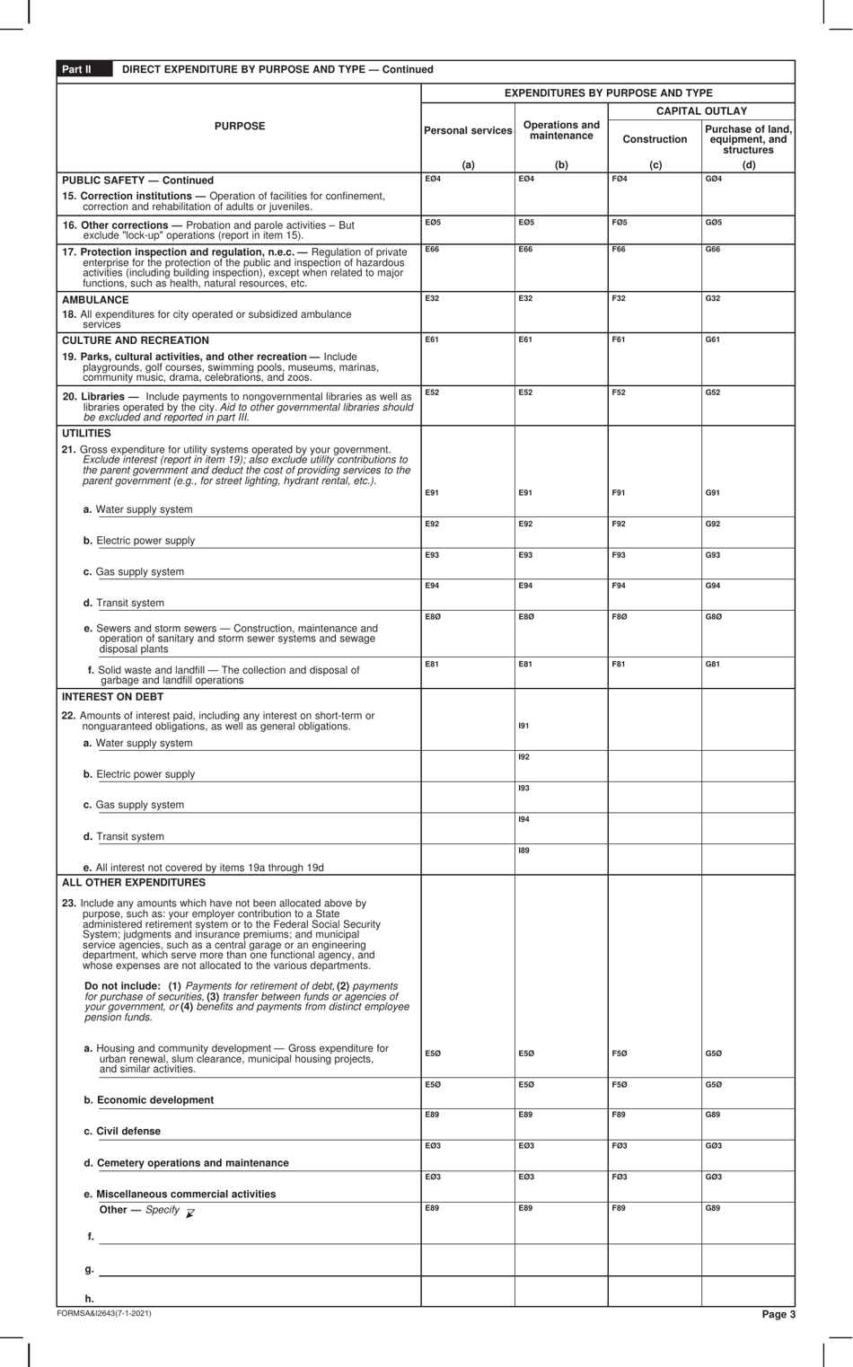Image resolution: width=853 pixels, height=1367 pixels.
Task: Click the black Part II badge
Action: coord(76,69)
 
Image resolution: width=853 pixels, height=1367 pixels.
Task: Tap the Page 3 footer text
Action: coord(778,1314)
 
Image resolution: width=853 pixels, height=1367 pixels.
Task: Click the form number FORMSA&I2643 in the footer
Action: coord(103,1313)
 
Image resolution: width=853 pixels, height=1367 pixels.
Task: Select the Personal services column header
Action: coord(467,131)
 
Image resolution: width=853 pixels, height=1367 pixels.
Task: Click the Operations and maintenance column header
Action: coord(561,130)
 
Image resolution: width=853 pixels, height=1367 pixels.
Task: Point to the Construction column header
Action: coord(655,139)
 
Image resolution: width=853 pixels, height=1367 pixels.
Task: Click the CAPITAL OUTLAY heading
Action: coord(701,111)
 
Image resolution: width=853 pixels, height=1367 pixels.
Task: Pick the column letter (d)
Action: coord(748,164)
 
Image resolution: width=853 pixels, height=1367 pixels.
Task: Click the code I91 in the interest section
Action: coord(523,726)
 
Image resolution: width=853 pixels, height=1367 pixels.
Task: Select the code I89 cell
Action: coord(523,850)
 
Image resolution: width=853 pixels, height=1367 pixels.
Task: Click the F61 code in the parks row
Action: coord(618,340)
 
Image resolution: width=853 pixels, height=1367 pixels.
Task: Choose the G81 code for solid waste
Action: coord(712,664)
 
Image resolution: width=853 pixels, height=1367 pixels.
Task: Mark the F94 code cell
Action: coord(619,586)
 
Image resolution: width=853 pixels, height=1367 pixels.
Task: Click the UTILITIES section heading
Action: coord(86,433)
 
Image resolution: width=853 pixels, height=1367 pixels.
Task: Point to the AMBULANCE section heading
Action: coord(95,300)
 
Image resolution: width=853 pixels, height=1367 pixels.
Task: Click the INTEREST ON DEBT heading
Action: coord(112,696)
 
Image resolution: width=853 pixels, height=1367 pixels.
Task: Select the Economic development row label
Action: coord(148,1100)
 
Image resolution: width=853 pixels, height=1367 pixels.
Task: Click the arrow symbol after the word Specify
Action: coord(189,1212)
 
